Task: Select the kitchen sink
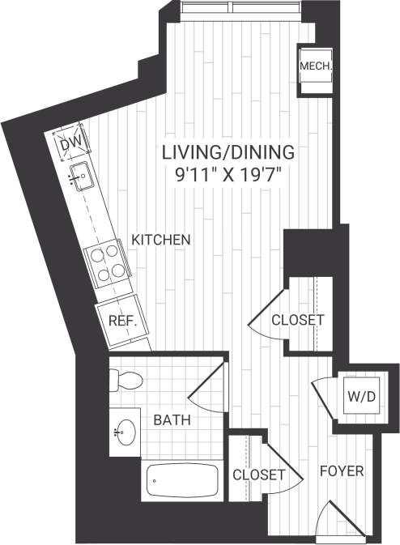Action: pyautogui.click(x=79, y=175)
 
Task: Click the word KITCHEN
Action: pyautogui.click(x=161, y=240)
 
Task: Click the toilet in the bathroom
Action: pyautogui.click(x=125, y=377)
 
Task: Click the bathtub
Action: pyautogui.click(x=183, y=482)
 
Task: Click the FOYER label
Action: pyautogui.click(x=341, y=471)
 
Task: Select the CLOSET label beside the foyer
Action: pyautogui.click(x=258, y=475)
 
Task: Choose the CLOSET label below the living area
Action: pyautogui.click(x=297, y=320)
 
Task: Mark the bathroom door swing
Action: pyautogui.click(x=206, y=389)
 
